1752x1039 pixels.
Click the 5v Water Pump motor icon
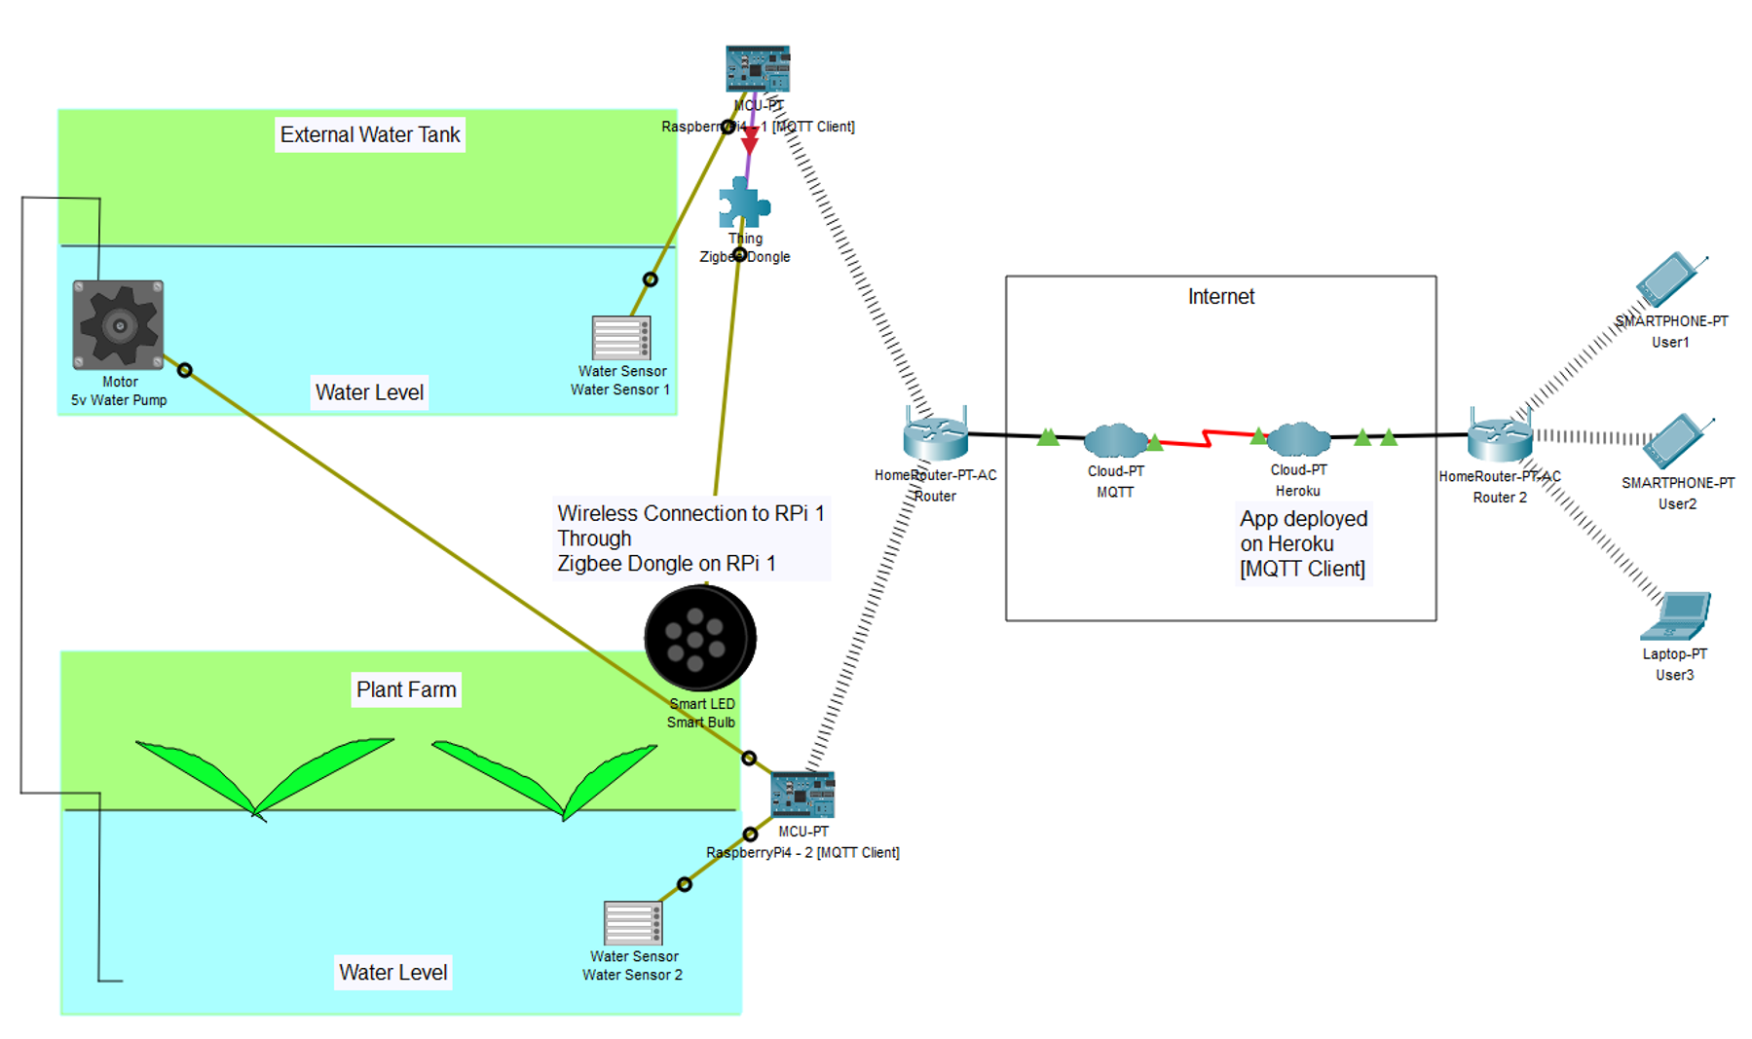coord(118,325)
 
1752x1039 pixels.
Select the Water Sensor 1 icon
coord(620,338)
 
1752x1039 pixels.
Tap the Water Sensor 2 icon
coord(633,923)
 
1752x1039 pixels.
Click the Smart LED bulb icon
coord(699,638)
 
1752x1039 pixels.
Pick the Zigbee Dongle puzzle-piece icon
coord(743,204)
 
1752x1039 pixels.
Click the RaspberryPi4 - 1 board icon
coord(757,68)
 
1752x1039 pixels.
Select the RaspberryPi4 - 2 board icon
coord(802,795)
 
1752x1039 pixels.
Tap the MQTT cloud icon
coord(1115,440)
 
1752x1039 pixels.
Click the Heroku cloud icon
coord(1298,439)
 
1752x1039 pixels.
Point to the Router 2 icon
coord(1499,437)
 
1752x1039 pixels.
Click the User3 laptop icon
coord(1676,616)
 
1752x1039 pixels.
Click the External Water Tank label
coord(369,134)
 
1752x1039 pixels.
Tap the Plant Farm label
coord(406,689)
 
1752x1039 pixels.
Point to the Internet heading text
coord(1220,297)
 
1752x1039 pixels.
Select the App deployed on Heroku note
coord(1303,543)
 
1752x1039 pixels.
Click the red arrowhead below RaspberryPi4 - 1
coord(749,140)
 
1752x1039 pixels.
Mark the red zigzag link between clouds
coord(1208,438)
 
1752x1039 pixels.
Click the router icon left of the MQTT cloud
coord(935,436)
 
